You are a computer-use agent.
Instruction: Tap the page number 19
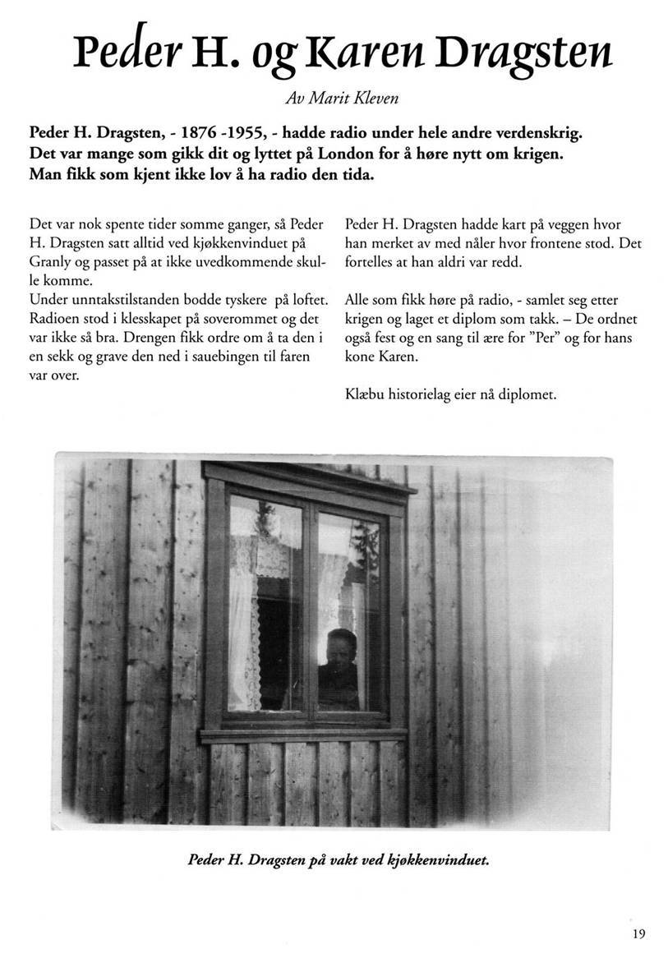pyautogui.click(x=639, y=933)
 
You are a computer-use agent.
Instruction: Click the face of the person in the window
pyautogui.click(x=340, y=647)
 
